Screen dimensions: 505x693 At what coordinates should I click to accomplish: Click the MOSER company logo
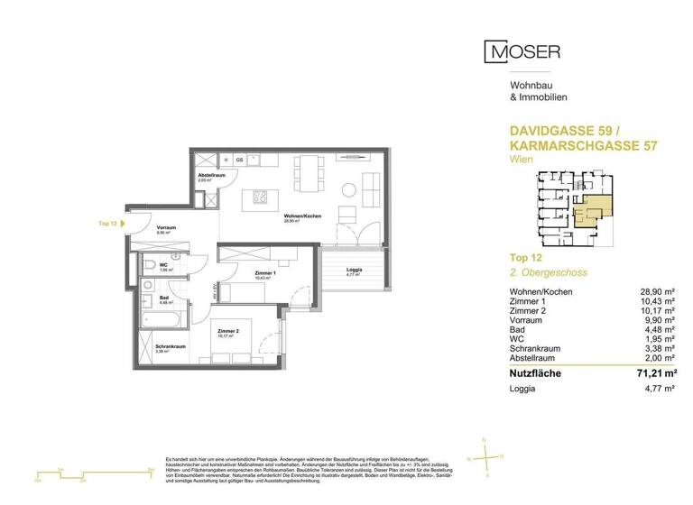pos(523,51)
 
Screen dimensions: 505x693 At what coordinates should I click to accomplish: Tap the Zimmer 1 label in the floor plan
pos(241,273)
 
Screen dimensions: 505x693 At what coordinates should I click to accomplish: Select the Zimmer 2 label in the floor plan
pos(227,331)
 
